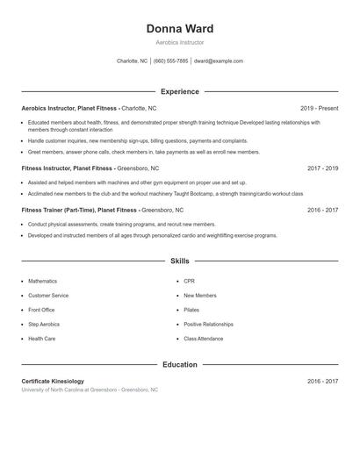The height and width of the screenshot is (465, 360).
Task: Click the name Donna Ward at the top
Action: pos(179,29)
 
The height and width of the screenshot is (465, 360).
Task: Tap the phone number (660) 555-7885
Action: pos(170,61)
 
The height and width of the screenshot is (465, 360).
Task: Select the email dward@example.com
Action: pos(218,61)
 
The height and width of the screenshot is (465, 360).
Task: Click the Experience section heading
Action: pos(179,91)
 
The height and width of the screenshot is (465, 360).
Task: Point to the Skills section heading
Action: pos(179,261)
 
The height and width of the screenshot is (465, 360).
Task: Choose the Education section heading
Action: pos(179,364)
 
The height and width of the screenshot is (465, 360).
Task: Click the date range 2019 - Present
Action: pos(319,108)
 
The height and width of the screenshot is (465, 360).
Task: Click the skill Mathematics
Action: pos(42,282)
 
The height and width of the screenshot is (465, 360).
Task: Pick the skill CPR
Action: pos(189,282)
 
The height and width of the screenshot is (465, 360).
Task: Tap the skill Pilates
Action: pos(191,310)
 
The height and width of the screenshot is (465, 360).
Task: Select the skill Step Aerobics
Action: pos(44,324)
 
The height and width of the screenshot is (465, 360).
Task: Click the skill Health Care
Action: pos(41,338)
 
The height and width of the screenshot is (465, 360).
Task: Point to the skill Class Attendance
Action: pos(203,338)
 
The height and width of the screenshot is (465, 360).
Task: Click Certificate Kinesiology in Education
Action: pos(53,381)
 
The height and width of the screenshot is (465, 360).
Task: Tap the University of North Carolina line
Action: pos(90,390)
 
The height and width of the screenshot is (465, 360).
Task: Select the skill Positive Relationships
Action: pos(208,324)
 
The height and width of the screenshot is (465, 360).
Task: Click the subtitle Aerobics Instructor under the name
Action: pos(179,43)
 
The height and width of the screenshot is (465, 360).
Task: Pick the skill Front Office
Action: pos(41,310)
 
